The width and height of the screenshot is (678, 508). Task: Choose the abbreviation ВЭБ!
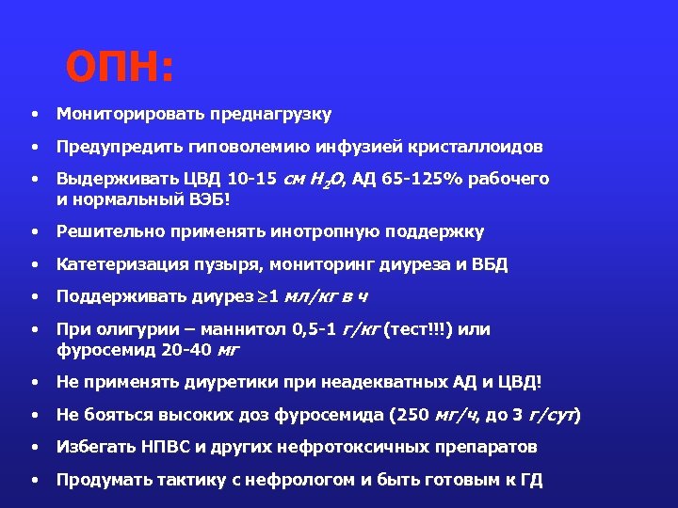tap(209, 198)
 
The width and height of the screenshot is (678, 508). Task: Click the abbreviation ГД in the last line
tap(531, 480)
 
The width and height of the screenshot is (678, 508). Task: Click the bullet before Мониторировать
tap(33, 115)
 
